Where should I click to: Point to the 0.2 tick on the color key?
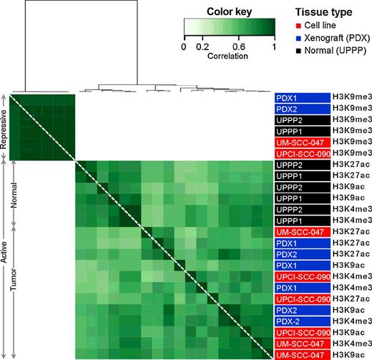point(202,47)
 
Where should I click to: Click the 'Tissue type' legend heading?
point(323,11)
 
